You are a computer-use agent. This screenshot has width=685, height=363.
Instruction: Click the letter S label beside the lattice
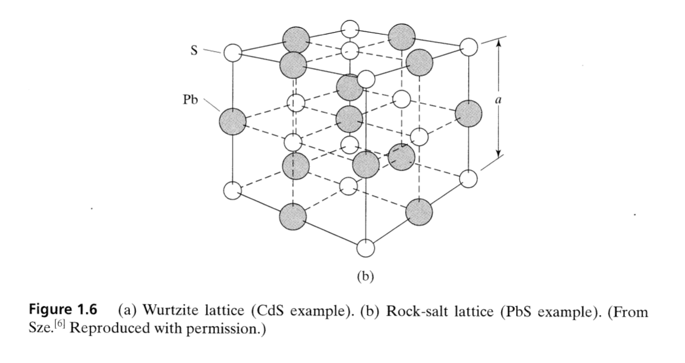(x=194, y=50)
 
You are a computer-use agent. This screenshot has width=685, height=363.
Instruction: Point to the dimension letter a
(x=498, y=101)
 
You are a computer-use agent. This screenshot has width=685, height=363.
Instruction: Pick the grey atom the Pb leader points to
(x=233, y=120)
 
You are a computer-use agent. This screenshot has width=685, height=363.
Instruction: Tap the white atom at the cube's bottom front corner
(x=366, y=248)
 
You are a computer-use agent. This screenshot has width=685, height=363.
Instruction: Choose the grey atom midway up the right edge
(x=469, y=114)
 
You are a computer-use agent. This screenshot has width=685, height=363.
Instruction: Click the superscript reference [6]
(x=52, y=324)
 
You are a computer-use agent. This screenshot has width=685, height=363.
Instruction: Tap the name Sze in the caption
(x=38, y=328)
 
